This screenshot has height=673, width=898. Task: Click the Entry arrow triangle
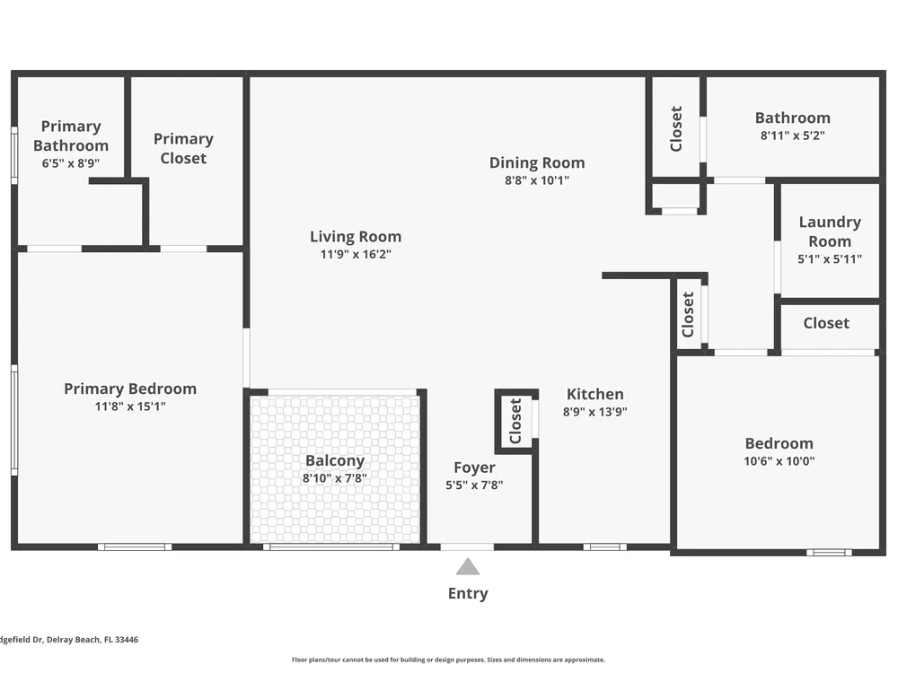(468, 566)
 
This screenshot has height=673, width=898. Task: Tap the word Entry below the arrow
(468, 593)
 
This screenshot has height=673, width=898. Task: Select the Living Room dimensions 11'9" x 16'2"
(356, 254)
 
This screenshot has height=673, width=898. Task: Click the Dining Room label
(537, 162)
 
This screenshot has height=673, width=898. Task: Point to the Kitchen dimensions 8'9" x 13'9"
(595, 412)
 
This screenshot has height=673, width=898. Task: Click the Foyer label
(474, 468)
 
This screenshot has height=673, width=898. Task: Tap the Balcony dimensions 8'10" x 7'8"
(335, 478)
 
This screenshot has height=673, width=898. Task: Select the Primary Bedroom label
(130, 389)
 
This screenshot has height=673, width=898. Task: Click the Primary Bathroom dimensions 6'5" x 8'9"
(70, 163)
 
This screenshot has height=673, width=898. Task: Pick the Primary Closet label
(183, 148)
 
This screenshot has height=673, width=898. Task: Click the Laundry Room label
(830, 232)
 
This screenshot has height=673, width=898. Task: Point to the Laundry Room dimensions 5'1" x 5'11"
(830, 258)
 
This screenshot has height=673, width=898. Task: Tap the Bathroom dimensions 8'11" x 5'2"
(793, 135)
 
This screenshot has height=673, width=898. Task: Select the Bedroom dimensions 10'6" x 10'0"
(779, 460)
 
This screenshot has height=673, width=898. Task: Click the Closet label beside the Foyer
(515, 421)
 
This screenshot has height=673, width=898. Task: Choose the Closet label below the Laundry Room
(826, 323)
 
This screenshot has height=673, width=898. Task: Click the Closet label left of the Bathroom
(676, 128)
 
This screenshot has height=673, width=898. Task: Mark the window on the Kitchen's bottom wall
(604, 547)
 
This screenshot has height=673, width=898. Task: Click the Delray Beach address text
(69, 639)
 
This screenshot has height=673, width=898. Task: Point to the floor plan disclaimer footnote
(448, 660)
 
